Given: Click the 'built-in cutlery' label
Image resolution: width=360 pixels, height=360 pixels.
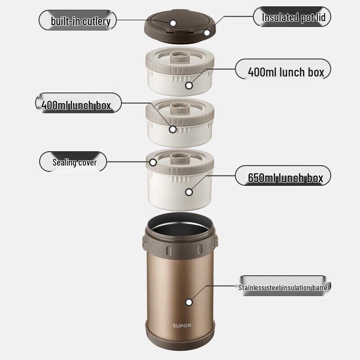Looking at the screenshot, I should [x=80, y=20].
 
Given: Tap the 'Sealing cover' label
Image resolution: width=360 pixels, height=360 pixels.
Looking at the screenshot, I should [x=74, y=162].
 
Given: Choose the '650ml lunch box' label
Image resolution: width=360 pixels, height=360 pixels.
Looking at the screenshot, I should [x=285, y=178].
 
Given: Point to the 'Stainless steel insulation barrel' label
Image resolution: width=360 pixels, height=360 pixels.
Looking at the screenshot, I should [x=284, y=287].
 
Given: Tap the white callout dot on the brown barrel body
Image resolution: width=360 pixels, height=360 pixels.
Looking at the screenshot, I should [x=189, y=302].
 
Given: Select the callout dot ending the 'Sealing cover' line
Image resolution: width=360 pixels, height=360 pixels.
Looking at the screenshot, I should [x=153, y=162].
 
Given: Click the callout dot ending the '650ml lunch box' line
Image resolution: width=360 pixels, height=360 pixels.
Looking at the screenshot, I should [x=189, y=192].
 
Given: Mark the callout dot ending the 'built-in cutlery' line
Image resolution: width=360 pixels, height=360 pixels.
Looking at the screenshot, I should [x=173, y=22].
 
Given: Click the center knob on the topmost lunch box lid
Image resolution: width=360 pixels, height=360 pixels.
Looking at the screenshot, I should [x=180, y=56].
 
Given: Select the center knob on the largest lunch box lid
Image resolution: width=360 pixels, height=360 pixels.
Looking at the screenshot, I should [x=180, y=156].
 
